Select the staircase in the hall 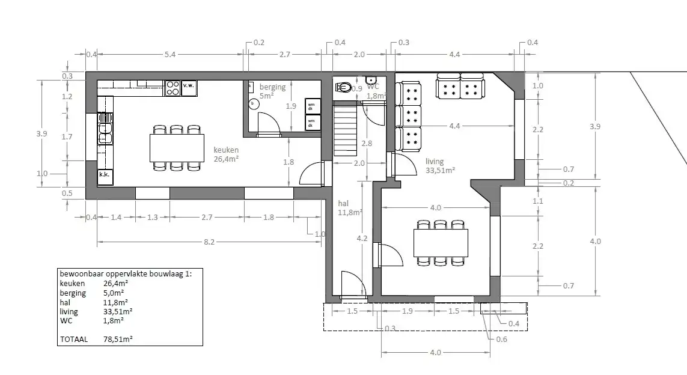point(345,130)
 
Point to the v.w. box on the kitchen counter point(189,85)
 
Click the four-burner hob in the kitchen point(173,88)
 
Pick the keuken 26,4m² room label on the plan point(227,154)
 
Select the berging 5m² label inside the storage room point(272,91)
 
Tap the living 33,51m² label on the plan point(439,165)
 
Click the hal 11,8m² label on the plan point(349,208)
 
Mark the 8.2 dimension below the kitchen point(209,242)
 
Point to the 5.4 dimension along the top point(170,55)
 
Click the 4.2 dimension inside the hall point(362,238)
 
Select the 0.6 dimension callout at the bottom point(502,340)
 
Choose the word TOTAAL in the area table point(74,339)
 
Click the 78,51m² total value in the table point(118,339)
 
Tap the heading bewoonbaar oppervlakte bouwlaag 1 point(125,273)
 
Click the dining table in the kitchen point(176,148)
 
